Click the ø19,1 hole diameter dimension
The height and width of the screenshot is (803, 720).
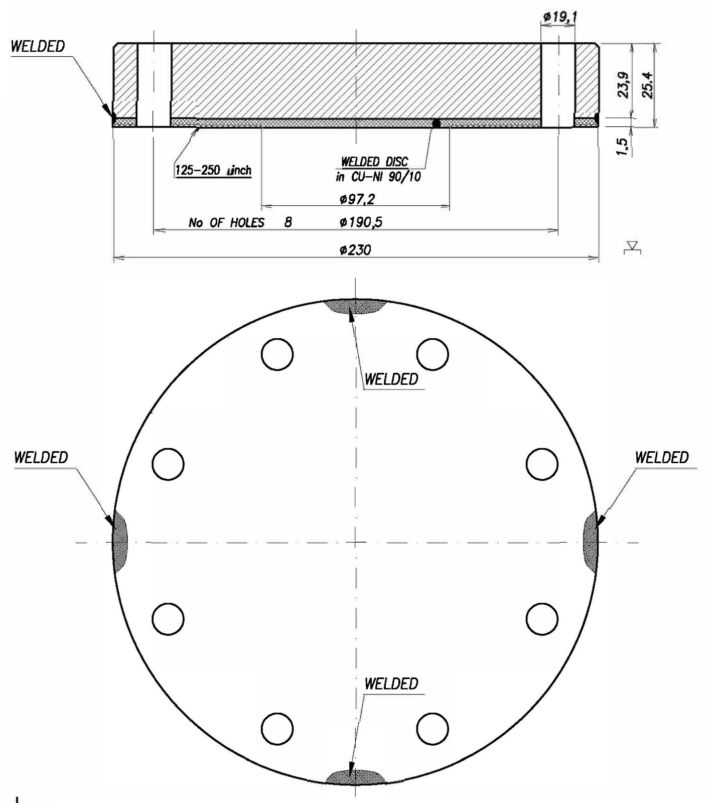(x=560, y=17)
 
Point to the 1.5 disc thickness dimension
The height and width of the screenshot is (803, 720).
(x=622, y=147)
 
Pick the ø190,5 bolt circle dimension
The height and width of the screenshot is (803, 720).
(x=360, y=222)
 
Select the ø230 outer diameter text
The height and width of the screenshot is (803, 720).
(x=355, y=249)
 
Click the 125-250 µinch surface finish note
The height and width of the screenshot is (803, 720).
(x=213, y=170)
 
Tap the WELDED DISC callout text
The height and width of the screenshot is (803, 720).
(x=374, y=162)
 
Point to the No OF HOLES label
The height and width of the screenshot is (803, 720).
(x=226, y=222)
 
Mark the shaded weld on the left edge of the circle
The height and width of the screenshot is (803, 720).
(x=119, y=542)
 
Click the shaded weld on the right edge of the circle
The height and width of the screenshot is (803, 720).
(x=591, y=542)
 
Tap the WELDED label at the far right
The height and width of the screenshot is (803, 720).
(x=661, y=457)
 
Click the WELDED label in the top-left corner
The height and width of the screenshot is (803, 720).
(x=38, y=46)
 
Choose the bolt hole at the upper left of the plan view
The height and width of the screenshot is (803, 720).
(x=277, y=354)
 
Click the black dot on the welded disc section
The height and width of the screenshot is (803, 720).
(x=437, y=123)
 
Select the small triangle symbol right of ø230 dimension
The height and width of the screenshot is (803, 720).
(x=633, y=247)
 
